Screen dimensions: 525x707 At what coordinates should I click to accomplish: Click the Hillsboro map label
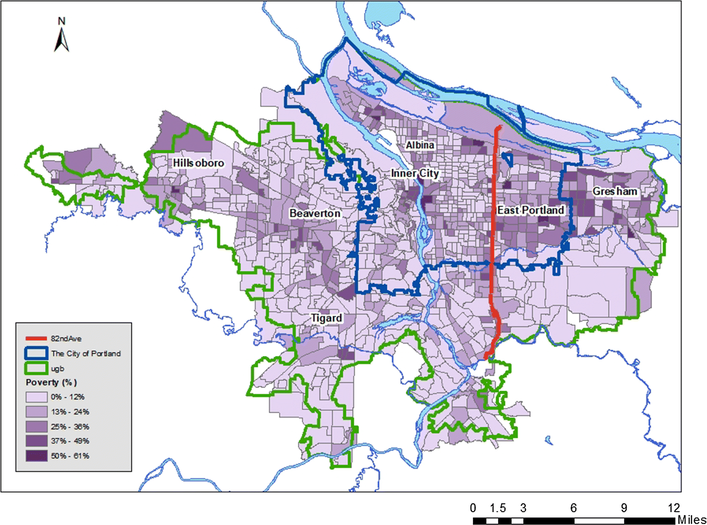(x=198, y=163)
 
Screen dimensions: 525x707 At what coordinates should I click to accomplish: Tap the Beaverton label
(x=315, y=213)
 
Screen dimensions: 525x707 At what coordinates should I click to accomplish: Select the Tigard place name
(x=326, y=318)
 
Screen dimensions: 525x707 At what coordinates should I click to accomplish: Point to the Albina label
(x=420, y=145)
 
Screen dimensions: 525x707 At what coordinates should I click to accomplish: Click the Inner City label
(x=415, y=173)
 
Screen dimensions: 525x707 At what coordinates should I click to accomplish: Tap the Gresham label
(x=615, y=191)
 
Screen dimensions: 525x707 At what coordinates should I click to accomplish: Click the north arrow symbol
(x=62, y=40)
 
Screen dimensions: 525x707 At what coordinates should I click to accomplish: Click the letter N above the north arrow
(x=62, y=21)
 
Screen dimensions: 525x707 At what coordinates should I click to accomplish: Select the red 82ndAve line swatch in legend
(x=36, y=339)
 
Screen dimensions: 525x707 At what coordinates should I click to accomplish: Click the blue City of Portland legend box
(x=36, y=353)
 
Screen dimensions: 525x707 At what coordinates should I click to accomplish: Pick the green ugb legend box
(x=36, y=368)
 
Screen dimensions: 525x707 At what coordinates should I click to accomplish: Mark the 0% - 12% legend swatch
(x=37, y=397)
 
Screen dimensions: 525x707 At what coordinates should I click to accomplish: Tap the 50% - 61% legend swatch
(x=37, y=456)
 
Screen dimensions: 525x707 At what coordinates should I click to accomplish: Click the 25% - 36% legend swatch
(x=37, y=427)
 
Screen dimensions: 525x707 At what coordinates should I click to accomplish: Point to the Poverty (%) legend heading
(x=51, y=382)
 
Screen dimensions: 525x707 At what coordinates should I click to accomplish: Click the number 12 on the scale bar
(x=674, y=508)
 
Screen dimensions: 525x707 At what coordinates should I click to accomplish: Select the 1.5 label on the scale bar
(x=498, y=508)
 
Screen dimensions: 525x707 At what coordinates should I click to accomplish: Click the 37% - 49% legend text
(x=70, y=441)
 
